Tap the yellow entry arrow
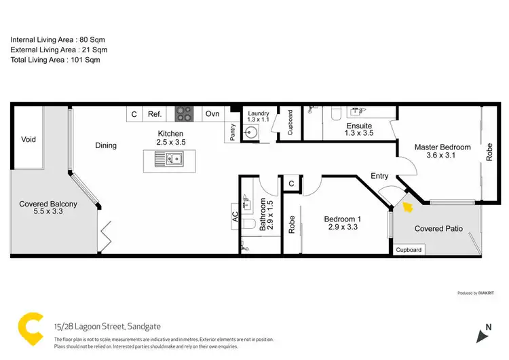407,204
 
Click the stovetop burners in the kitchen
185,114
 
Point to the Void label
28,139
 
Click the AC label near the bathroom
235,217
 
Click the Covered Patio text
438,229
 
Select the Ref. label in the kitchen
154,114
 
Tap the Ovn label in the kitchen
212,114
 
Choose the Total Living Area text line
56,60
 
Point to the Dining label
106,145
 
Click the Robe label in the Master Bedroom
489,151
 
